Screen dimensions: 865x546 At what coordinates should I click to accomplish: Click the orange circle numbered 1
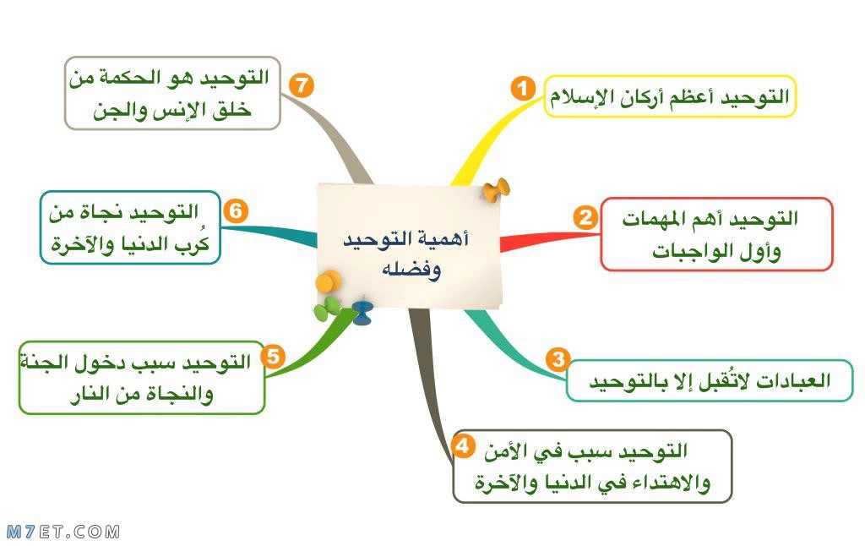[522, 89]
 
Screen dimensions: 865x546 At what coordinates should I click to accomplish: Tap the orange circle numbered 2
[585, 217]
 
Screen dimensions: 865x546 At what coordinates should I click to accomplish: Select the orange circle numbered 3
[558, 359]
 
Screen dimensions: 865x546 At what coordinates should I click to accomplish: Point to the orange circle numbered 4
[462, 445]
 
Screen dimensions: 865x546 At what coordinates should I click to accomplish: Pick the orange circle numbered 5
[273, 357]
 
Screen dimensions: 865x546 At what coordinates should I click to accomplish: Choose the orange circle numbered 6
[236, 210]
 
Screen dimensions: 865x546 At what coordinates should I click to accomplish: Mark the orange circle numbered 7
[302, 85]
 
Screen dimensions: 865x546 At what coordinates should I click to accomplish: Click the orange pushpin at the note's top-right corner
[497, 190]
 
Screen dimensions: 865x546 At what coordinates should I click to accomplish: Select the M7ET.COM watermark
[63, 532]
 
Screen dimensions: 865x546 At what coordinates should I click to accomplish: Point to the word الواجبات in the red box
[695, 252]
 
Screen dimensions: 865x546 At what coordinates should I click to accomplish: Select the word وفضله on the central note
[411, 270]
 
